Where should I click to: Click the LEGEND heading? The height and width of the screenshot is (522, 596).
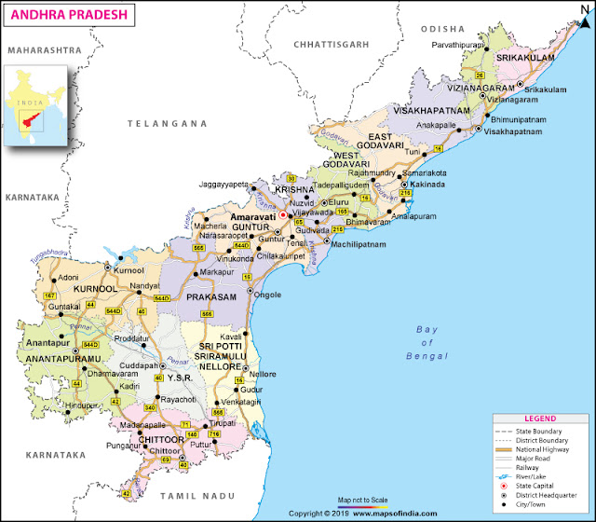click(540, 419)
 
